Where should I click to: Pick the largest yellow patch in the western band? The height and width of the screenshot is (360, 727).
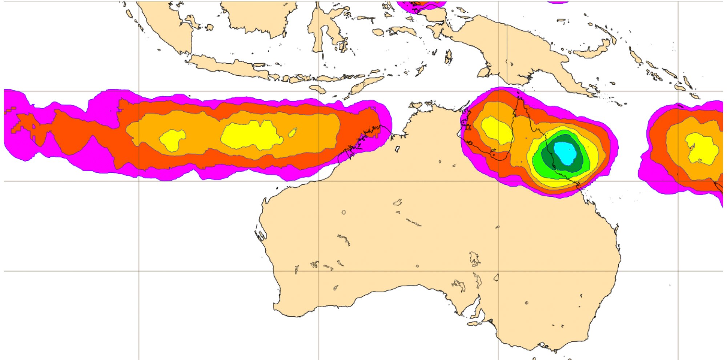(251, 135)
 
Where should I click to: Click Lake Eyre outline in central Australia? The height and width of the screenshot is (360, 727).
(474, 258)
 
